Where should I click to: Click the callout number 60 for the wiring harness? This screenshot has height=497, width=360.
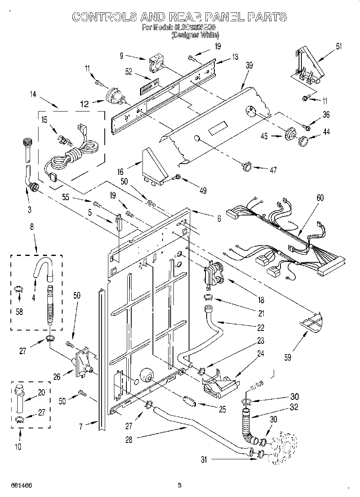click(x=320, y=197)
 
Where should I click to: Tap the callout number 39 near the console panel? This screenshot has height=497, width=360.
click(x=249, y=66)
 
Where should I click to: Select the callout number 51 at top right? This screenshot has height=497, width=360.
click(x=340, y=46)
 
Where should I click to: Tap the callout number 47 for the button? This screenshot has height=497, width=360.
click(x=273, y=170)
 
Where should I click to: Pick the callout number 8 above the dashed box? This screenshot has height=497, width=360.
click(x=33, y=227)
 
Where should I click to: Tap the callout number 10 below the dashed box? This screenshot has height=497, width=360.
click(x=19, y=446)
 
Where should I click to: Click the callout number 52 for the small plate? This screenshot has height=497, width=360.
click(x=128, y=72)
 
